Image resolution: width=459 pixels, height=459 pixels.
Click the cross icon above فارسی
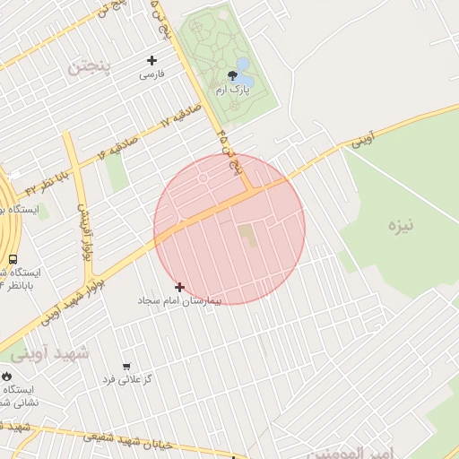pyautogui.click(x=152, y=61)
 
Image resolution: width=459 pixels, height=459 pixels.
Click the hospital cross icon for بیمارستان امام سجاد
pyautogui.click(x=180, y=287)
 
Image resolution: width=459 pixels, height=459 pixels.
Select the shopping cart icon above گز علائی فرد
pyautogui.click(x=126, y=367)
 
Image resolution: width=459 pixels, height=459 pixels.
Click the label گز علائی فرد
pyautogui.click(x=126, y=380)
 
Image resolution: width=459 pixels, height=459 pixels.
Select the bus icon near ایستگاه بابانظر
pyautogui.click(x=13, y=259)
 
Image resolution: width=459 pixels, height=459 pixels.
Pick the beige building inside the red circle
pyautogui.click(x=246, y=236)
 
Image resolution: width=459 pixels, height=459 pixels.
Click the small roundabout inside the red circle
pyautogui.click(x=204, y=178)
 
